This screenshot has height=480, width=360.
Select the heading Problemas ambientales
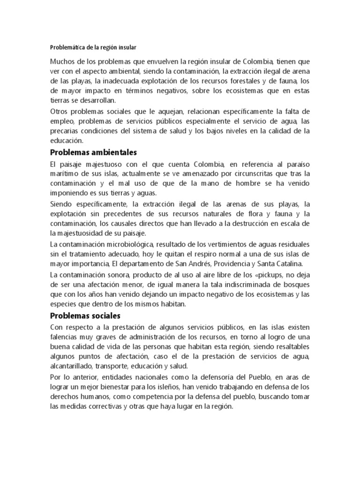93,152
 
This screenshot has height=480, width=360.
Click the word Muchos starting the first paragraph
65,62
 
